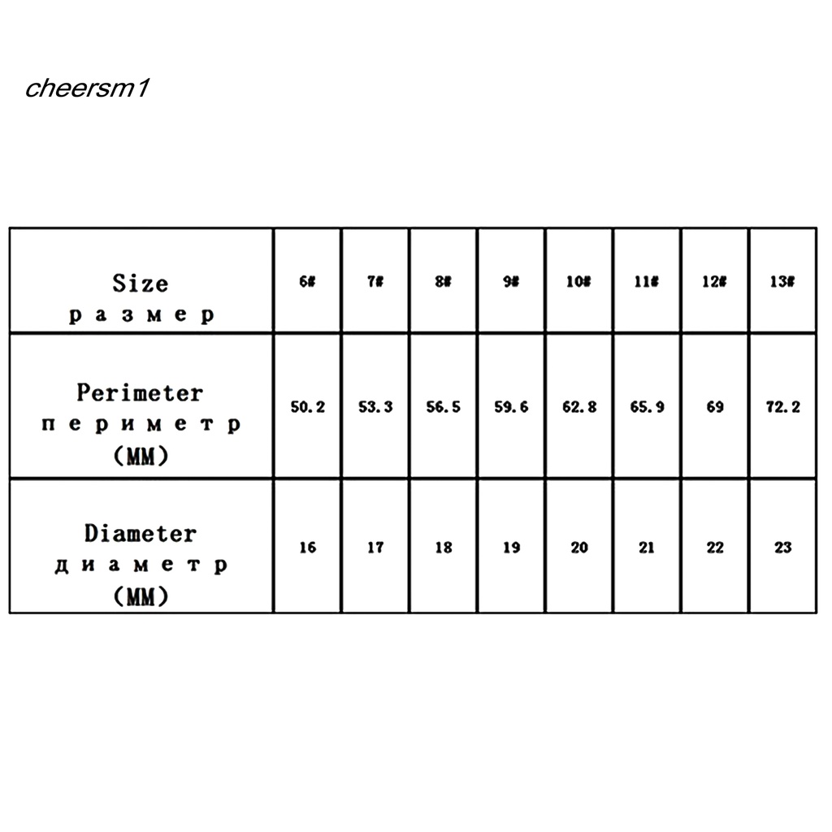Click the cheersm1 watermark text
pyautogui.click(x=86, y=89)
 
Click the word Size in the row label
pyautogui.click(x=141, y=284)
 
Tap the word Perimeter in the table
pyautogui.click(x=140, y=393)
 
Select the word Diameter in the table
pyautogui.click(x=140, y=534)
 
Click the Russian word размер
pyautogui.click(x=141, y=315)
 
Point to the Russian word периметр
pyautogui.click(x=141, y=425)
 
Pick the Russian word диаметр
pyautogui.click(x=141, y=565)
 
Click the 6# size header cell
pyautogui.click(x=307, y=282)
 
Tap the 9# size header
pyautogui.click(x=511, y=282)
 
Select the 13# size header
pyautogui.click(x=782, y=282)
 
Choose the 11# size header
pyautogui.click(x=647, y=282)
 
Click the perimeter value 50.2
pyautogui.click(x=307, y=406)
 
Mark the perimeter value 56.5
pyautogui.click(x=443, y=406)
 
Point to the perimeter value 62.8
pyautogui.click(x=578, y=406)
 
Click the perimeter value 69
pyautogui.click(x=714, y=406)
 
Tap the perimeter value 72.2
pyautogui.click(x=782, y=406)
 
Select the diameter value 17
pyautogui.click(x=375, y=548)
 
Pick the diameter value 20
pyautogui.click(x=578, y=548)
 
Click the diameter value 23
pyautogui.click(x=782, y=548)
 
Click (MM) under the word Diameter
pyautogui.click(x=141, y=597)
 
